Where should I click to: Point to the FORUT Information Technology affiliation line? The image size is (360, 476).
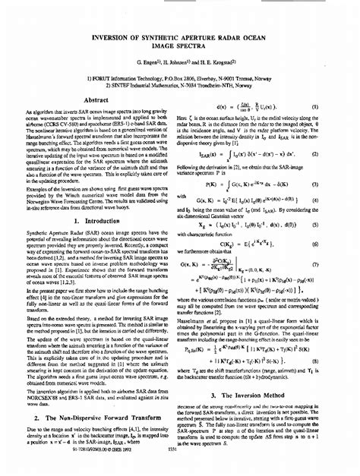pos(179,78)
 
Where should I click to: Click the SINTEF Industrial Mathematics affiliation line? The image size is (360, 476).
pos(179,86)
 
